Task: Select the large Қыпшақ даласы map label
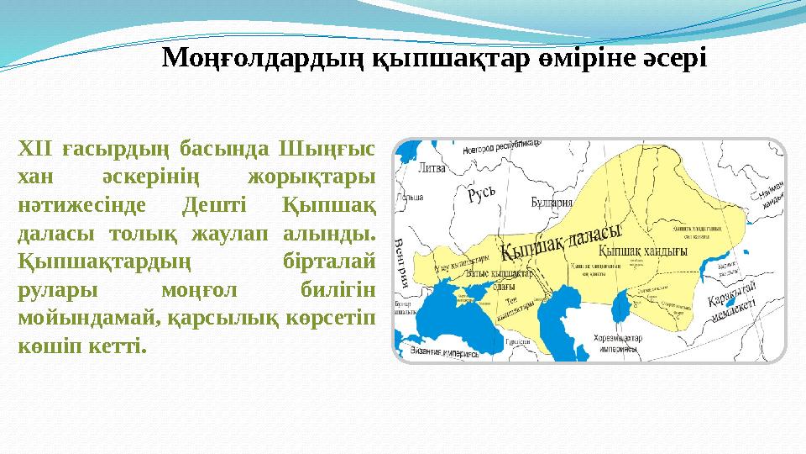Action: pos(560,241)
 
